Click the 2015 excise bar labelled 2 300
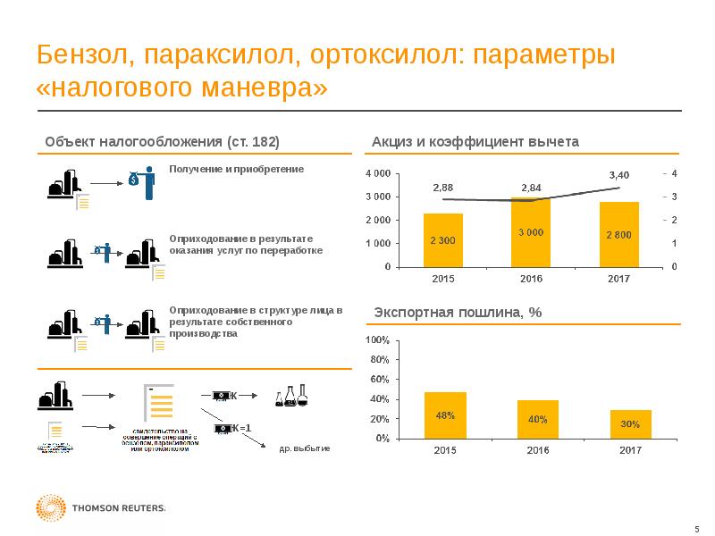[443, 239]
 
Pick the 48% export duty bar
[445, 415]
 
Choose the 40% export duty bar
[537, 419]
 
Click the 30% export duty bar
[630, 424]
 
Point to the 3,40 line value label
[618, 174]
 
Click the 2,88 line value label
[442, 188]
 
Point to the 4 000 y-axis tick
[377, 172]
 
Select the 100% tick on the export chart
[377, 340]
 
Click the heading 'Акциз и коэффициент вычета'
[475, 142]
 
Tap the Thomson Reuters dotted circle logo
[51, 508]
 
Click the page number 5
[696, 528]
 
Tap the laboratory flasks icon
[291, 397]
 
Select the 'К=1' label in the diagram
[240, 428]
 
